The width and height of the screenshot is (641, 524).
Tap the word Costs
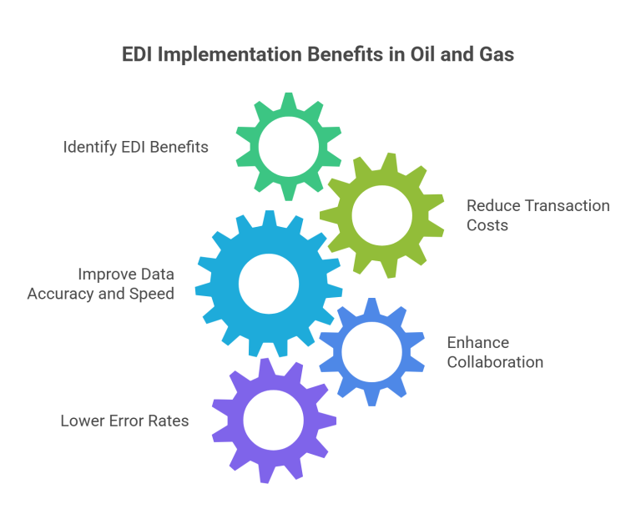coord(487,225)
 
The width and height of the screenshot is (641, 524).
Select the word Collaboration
coord(495,362)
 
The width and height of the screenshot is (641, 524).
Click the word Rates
coord(169,421)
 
